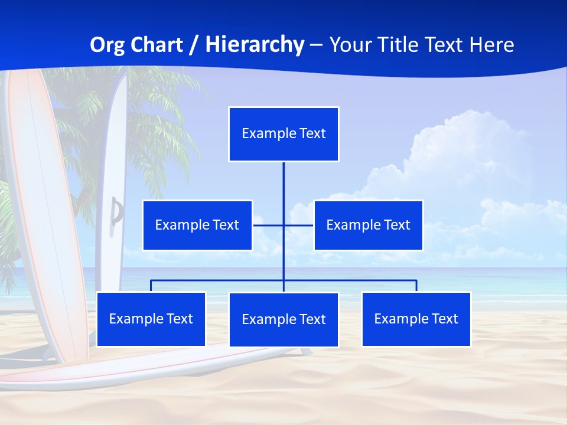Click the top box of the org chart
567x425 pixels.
click(x=283, y=134)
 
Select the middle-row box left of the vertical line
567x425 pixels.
click(x=197, y=225)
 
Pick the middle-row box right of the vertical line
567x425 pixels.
click(x=368, y=225)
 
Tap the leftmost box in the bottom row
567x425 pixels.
click(x=151, y=319)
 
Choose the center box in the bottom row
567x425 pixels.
click(x=283, y=319)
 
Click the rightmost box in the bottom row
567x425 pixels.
click(x=416, y=319)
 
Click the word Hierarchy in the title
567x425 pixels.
click(x=255, y=45)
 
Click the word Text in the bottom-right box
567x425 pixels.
click(x=445, y=319)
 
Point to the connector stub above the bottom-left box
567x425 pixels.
click(x=151, y=286)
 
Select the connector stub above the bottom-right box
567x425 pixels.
click(x=416, y=286)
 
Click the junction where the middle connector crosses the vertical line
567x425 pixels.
click(x=283, y=225)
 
